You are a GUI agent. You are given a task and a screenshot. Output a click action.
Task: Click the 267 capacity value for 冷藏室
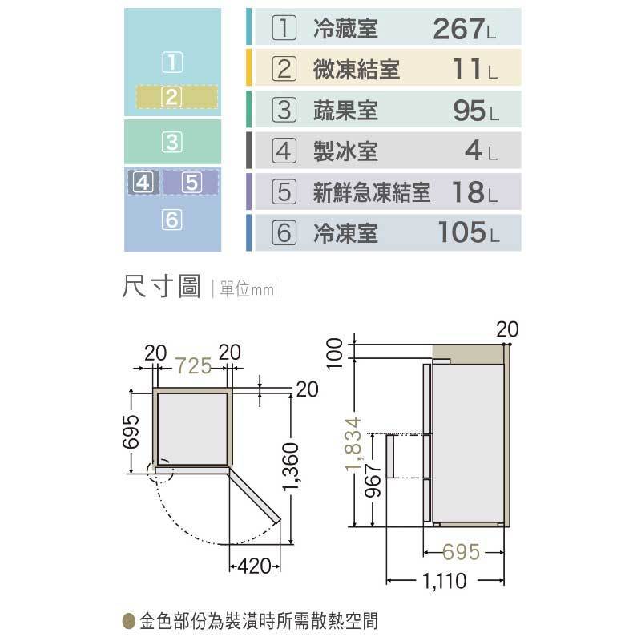tap(458, 29)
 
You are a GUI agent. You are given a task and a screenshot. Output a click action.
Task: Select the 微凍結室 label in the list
tap(356, 69)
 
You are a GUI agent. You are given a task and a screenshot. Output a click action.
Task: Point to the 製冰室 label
tap(345, 151)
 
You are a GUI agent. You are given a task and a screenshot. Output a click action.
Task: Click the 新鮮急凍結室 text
tap(372, 192)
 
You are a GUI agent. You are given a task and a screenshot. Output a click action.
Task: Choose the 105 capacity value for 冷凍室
tap(462, 232)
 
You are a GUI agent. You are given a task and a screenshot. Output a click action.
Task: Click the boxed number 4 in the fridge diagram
tap(143, 183)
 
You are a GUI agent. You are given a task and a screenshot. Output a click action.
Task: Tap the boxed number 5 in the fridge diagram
tap(191, 183)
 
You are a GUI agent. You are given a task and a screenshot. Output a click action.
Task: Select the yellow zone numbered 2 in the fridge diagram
tap(176, 97)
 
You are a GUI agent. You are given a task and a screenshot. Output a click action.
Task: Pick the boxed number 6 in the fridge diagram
tap(171, 220)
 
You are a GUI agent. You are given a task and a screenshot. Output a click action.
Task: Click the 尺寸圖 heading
tap(162, 287)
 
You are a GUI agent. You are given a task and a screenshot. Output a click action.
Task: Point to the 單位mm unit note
tap(247, 289)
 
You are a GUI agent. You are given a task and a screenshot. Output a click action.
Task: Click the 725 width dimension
tap(194, 365)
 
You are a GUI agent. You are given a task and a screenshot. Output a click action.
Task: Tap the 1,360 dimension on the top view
tap(292, 466)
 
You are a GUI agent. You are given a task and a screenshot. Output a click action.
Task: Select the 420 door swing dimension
tap(254, 566)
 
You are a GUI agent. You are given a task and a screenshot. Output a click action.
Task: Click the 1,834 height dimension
tap(353, 444)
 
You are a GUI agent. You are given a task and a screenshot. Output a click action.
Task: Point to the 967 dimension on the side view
tap(373, 480)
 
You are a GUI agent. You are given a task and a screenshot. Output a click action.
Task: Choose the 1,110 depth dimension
tap(444, 580)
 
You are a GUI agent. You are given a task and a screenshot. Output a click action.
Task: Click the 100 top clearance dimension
tap(334, 353)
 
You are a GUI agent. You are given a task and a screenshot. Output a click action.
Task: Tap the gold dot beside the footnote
tap(129, 621)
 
